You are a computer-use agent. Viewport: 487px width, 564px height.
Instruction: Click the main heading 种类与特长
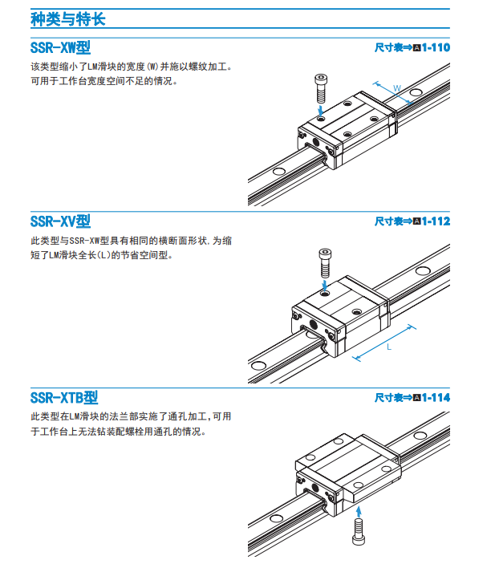point(67,19)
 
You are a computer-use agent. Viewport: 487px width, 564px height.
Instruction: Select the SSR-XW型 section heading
point(60,48)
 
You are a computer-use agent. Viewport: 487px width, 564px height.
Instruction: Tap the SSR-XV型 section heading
point(60,221)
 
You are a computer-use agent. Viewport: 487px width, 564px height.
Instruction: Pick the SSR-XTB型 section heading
point(64,398)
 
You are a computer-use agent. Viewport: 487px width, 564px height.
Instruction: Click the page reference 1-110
point(436,47)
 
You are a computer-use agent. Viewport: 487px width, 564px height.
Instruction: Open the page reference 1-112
point(436,221)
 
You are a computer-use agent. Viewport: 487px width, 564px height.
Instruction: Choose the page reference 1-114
point(436,397)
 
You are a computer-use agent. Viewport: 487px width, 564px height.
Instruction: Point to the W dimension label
point(396,88)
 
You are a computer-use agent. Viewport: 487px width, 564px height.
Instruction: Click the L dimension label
point(389,347)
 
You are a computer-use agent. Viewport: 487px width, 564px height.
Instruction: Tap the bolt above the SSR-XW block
point(321,88)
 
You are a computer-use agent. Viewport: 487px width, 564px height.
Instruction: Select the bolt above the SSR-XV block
point(325,263)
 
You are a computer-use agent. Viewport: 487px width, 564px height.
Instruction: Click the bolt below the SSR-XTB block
point(359,532)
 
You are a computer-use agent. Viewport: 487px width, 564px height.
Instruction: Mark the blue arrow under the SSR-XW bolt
point(321,110)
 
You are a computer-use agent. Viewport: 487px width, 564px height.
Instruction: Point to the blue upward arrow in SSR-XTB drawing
point(359,512)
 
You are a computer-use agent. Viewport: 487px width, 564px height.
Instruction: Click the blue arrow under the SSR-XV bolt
point(325,285)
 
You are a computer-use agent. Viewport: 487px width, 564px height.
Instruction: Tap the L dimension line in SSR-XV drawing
point(384,342)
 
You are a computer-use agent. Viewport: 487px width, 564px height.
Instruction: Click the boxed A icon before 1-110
point(417,48)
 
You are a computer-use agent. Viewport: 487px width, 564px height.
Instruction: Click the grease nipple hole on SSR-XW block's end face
point(315,142)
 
